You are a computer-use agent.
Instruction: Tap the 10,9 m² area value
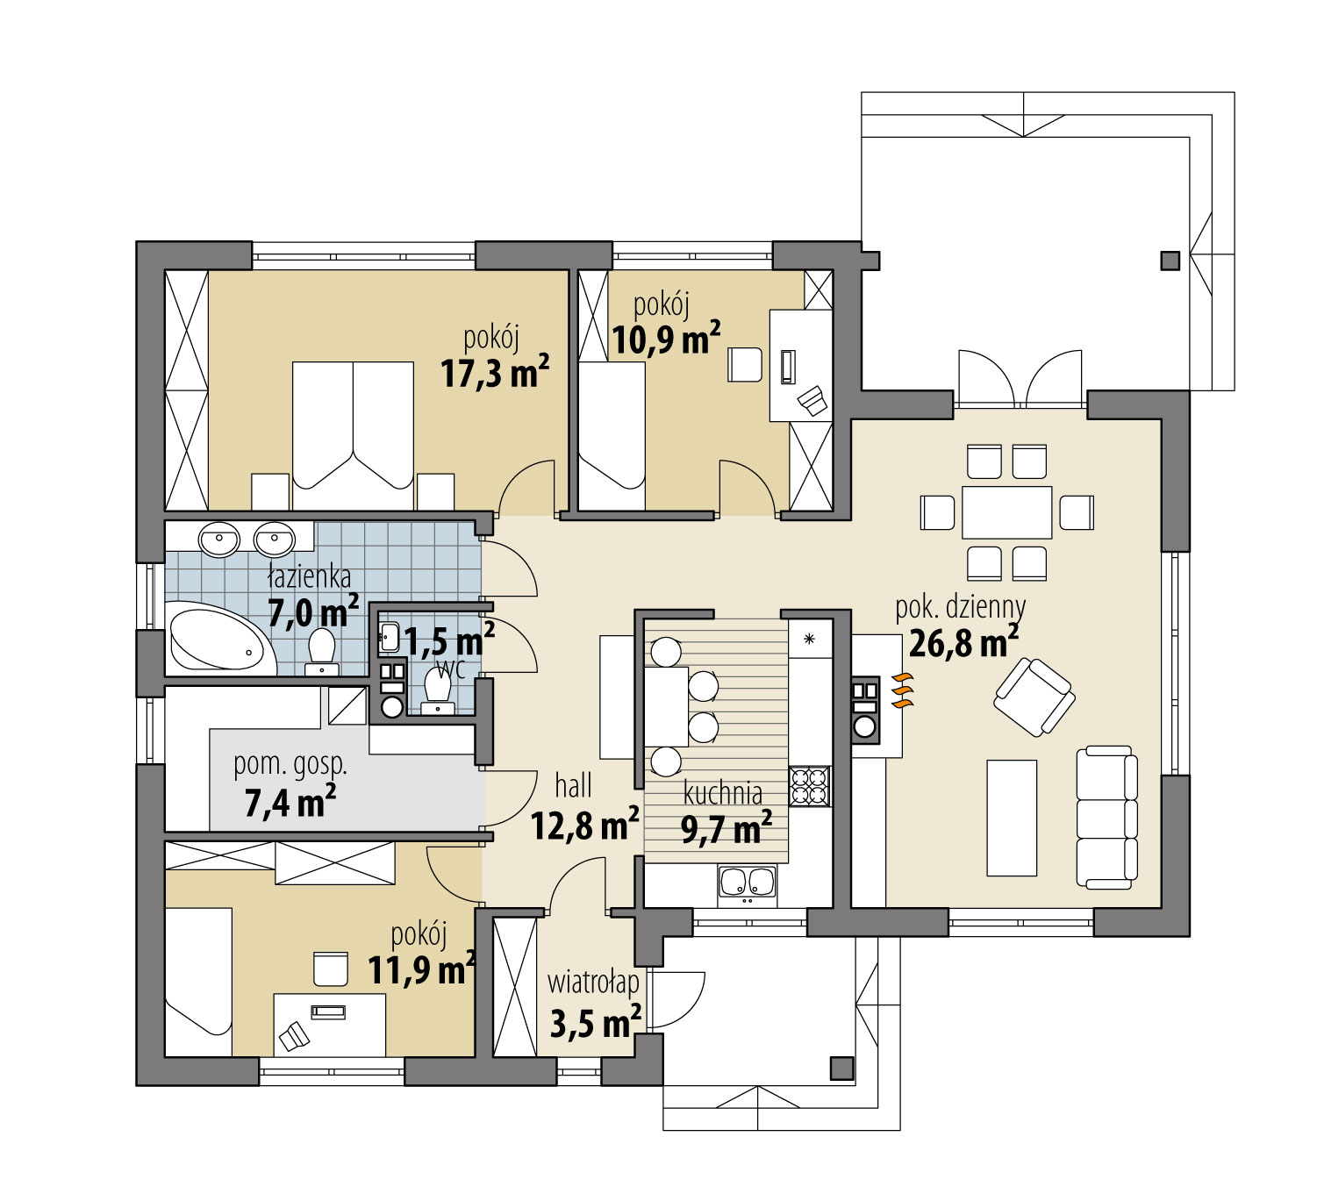(666, 339)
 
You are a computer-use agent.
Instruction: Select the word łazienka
(310, 576)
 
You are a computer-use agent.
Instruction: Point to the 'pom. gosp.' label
(290, 764)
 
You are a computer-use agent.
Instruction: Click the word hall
(573, 785)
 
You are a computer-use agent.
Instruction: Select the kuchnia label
(722, 793)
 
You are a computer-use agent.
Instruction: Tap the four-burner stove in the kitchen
(809, 786)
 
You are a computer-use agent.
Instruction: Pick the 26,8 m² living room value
(963, 643)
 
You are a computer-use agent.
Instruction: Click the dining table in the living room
(1006, 512)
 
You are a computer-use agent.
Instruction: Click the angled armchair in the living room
(1034, 697)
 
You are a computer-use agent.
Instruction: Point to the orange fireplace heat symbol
(903, 690)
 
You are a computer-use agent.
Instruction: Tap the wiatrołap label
(593, 983)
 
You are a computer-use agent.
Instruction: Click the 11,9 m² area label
(421, 970)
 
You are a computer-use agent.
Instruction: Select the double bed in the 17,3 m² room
(353, 434)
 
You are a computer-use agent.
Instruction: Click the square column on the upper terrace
(1170, 261)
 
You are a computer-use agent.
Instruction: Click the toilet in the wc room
(436, 691)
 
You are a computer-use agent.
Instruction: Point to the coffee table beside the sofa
(1012, 818)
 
